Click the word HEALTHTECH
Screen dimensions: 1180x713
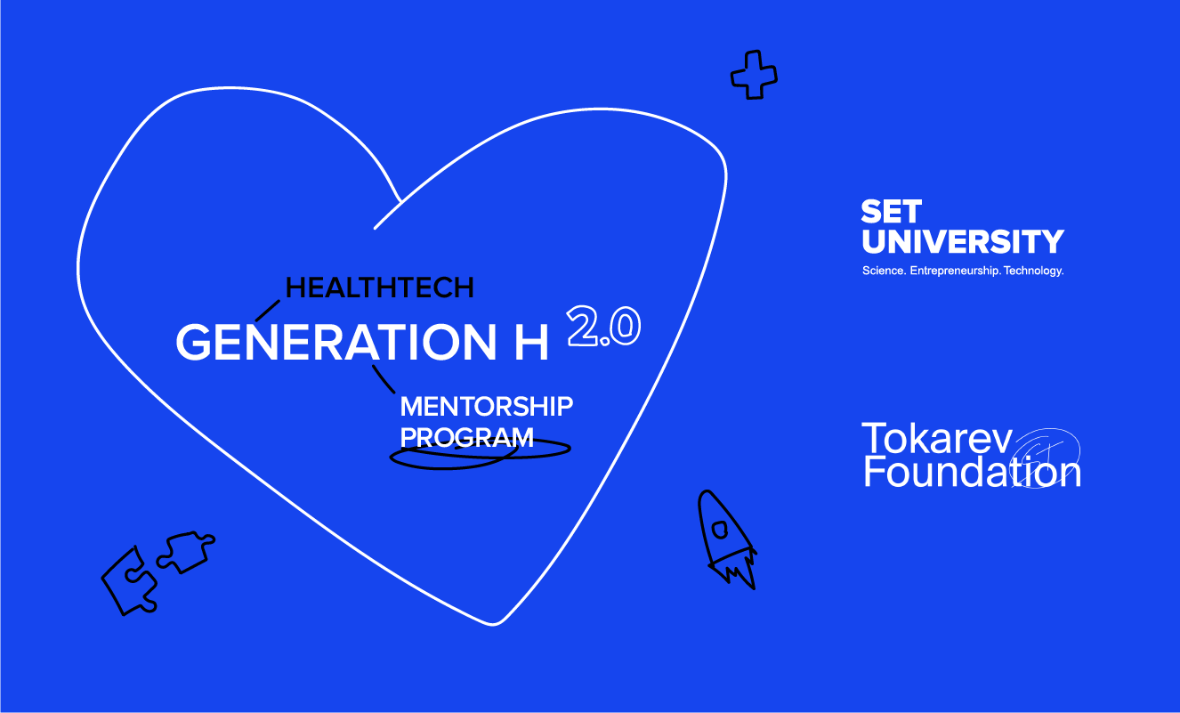point(379,288)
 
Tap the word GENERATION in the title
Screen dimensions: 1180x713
point(335,343)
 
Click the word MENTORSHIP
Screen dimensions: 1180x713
point(486,406)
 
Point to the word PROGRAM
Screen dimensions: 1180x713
point(466,437)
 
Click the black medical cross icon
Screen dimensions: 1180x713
point(754,75)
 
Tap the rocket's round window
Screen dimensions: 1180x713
point(720,530)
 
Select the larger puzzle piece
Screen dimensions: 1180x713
point(130,580)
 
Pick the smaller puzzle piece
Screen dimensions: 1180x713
point(186,551)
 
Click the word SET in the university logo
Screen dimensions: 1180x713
point(892,211)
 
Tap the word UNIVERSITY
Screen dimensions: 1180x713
point(963,241)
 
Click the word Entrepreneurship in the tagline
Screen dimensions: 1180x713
point(955,271)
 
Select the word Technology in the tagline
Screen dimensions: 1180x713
point(1033,271)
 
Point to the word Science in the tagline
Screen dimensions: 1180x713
point(885,271)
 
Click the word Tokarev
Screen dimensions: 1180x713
point(937,439)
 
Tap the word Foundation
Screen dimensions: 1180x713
point(972,472)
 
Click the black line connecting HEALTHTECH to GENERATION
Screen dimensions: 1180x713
point(268,311)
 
